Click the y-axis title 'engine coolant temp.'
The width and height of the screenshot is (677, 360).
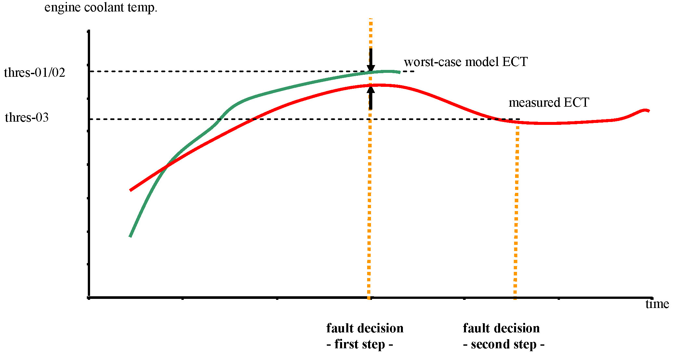point(101,7)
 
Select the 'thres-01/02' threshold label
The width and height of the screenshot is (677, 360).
point(34,73)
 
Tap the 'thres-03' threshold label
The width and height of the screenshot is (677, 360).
point(27,117)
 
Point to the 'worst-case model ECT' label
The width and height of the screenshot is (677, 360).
point(466,62)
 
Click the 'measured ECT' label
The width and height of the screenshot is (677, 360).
point(549,102)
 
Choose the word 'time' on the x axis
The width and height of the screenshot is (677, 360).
point(657,304)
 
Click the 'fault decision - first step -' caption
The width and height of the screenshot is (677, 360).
point(365,336)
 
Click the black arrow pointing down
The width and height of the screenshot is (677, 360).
point(371,60)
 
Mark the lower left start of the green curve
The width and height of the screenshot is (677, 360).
point(130,236)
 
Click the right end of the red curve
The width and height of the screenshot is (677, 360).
point(649,111)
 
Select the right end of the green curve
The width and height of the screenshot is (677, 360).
point(400,73)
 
